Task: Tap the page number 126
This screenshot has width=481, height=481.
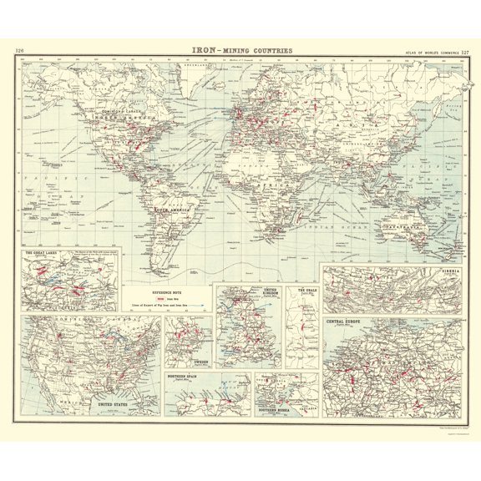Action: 20,52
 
